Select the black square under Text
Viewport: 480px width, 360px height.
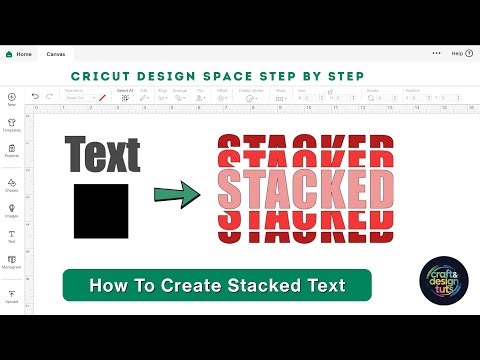coord(101,210)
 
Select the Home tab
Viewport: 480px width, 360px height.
coord(19,53)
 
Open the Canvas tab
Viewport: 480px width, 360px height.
coord(56,53)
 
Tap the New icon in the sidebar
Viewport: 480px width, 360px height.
coord(12,98)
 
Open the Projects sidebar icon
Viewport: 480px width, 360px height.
coord(12,151)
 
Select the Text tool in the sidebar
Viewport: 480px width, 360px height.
coord(12,236)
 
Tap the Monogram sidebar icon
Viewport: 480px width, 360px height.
coord(12,262)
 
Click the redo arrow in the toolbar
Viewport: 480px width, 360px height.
coord(50,97)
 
